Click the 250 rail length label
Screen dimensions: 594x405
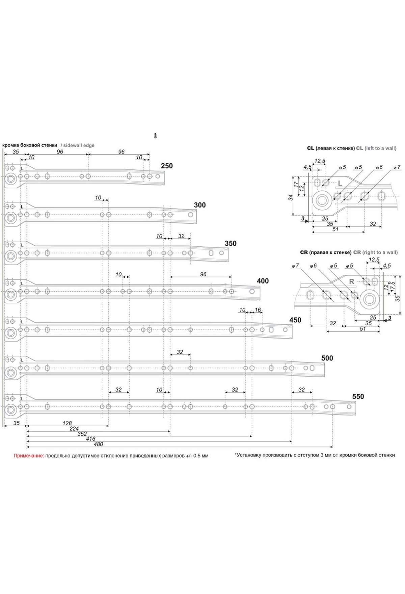pyautogui.click(x=167, y=166)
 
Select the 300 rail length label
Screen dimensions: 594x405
pyautogui.click(x=200, y=205)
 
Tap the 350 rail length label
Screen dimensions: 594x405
pyautogui.click(x=231, y=243)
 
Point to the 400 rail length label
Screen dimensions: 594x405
pyautogui.click(x=263, y=281)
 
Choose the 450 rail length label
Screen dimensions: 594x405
pyautogui.click(x=295, y=320)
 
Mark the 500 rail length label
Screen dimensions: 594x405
pyautogui.click(x=327, y=358)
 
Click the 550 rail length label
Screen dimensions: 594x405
pyautogui.click(x=358, y=397)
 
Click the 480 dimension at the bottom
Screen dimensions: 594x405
pyautogui.click(x=98, y=444)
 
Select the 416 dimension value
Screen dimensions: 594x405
pyautogui.click(x=91, y=439)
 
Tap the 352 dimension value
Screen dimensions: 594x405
pyautogui.click(x=82, y=434)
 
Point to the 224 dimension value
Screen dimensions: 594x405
pyautogui.click(x=74, y=429)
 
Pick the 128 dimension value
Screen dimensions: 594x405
pyautogui.click(x=67, y=423)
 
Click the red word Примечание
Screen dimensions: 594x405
pyautogui.click(x=29, y=456)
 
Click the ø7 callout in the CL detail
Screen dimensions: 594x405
pyautogui.click(x=397, y=167)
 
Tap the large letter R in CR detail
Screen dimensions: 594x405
pyautogui.click(x=351, y=281)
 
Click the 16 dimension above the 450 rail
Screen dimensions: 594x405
pyautogui.click(x=258, y=310)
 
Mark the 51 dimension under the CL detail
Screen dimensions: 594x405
pyautogui.click(x=335, y=229)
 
